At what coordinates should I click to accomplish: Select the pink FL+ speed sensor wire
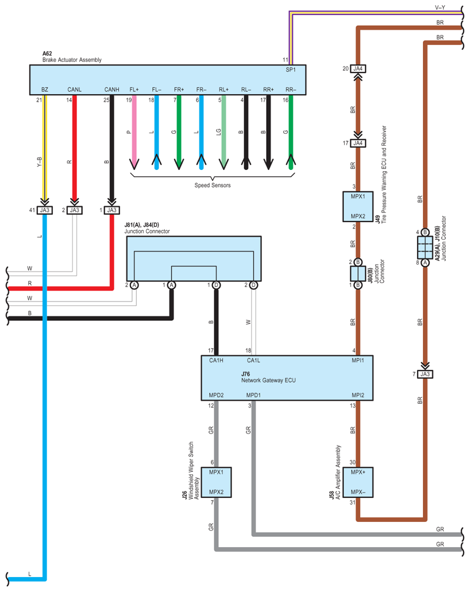point(134,132)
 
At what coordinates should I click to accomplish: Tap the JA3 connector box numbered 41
point(44,210)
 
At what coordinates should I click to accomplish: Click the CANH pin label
point(111,90)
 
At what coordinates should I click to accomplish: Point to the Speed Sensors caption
point(212,185)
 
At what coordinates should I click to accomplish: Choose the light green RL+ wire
point(224,132)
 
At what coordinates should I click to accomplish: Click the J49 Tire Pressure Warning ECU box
point(358,206)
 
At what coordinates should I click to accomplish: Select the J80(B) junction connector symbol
point(357,273)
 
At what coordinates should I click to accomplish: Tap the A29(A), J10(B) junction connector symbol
point(425,247)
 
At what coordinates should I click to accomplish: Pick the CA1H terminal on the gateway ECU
point(216,360)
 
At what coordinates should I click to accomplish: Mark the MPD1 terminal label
point(253,395)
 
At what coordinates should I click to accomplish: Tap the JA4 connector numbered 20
point(358,69)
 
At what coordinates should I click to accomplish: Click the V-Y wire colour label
point(441,7)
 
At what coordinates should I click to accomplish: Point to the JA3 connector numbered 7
point(425,374)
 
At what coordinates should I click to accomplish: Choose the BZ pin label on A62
point(45,90)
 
